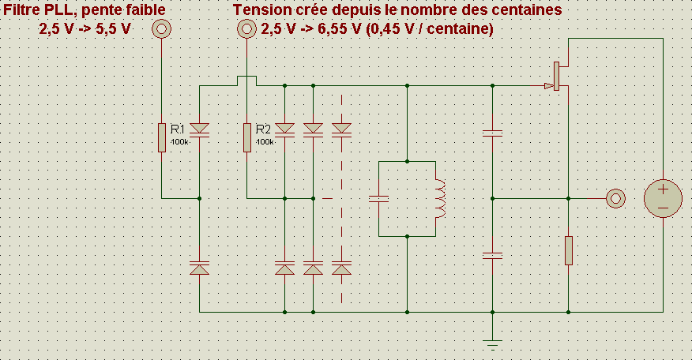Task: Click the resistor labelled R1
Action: [161, 137]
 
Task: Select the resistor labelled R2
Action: [246, 137]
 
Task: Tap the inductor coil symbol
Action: [439, 198]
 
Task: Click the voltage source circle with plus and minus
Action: [664, 198]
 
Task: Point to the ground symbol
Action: [492, 343]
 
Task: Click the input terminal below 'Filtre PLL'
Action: [161, 30]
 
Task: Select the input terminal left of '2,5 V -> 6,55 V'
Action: [246, 30]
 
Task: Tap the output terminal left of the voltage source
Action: [614, 198]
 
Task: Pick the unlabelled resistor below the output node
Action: [569, 250]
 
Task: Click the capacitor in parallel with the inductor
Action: [379, 198]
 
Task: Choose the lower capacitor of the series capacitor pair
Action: [492, 255]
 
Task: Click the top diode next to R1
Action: [199, 129]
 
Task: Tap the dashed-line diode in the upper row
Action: [341, 129]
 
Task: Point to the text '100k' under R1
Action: [179, 142]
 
